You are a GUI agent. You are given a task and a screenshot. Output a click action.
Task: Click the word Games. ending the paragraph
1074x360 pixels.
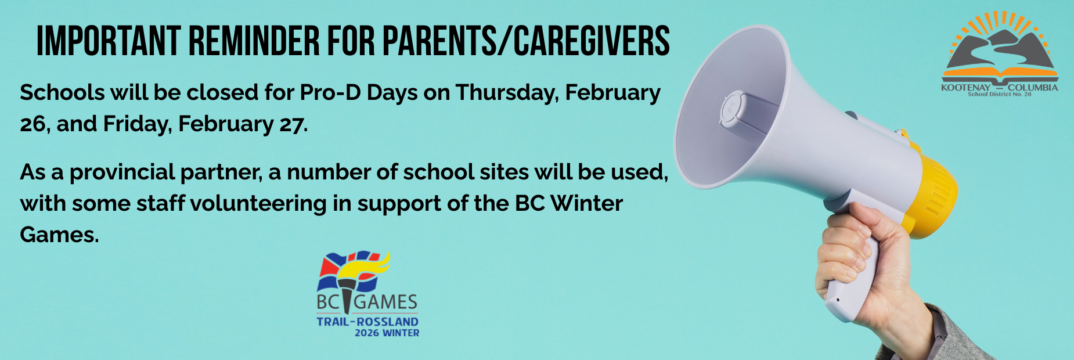click(60, 235)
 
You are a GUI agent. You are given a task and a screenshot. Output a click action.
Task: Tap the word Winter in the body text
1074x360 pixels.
click(586, 203)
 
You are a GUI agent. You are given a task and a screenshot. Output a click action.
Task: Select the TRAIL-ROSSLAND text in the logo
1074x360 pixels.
click(367, 322)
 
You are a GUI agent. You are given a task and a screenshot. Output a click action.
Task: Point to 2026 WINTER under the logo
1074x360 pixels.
click(387, 333)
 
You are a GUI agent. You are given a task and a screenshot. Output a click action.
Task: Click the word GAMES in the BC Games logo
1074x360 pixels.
click(385, 302)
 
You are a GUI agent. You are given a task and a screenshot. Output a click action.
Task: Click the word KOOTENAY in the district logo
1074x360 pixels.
click(966, 88)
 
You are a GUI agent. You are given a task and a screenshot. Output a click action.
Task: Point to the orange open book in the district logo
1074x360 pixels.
click(1000, 74)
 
